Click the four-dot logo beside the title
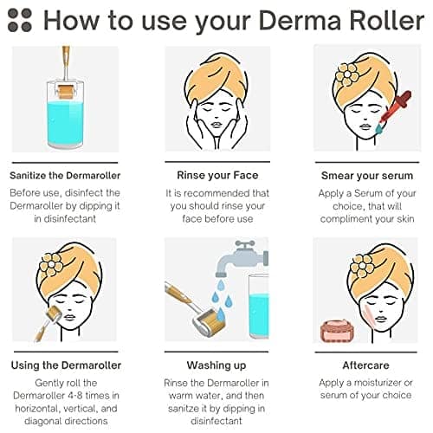(x=20, y=20)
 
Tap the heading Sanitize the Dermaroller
(x=65, y=176)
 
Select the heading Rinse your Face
(x=217, y=175)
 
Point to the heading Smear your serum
(x=367, y=176)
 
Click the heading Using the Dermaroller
(x=66, y=365)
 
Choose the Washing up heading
(x=216, y=365)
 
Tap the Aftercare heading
(x=365, y=365)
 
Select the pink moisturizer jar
(x=337, y=331)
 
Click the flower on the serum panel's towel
(x=347, y=74)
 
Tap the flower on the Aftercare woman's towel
(x=362, y=265)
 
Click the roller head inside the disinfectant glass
(x=65, y=92)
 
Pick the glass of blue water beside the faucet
(x=259, y=307)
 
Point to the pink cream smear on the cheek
(x=370, y=317)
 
